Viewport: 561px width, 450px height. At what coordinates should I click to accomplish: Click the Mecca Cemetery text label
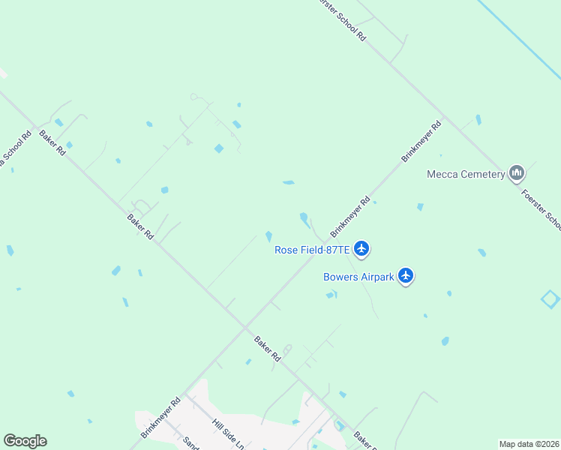(x=466, y=174)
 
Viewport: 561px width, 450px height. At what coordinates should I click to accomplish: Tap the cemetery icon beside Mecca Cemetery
(x=516, y=174)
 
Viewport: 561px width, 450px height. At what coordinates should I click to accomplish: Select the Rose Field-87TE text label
(x=312, y=250)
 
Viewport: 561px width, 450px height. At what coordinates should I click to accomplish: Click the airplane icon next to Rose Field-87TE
(x=361, y=248)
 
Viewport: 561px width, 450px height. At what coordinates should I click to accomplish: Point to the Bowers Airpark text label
(x=358, y=277)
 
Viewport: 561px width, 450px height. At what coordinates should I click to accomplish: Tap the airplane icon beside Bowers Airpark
(x=406, y=276)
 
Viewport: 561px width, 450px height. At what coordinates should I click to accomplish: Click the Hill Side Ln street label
(x=228, y=434)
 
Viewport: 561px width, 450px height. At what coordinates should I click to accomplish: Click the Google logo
(x=25, y=441)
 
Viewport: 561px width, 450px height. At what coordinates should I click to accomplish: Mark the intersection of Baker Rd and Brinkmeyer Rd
(x=245, y=326)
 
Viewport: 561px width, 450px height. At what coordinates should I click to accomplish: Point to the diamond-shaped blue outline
(x=551, y=299)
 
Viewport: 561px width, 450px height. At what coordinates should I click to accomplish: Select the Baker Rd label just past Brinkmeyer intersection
(x=266, y=349)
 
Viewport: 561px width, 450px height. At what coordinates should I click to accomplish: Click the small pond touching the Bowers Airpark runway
(x=330, y=295)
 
